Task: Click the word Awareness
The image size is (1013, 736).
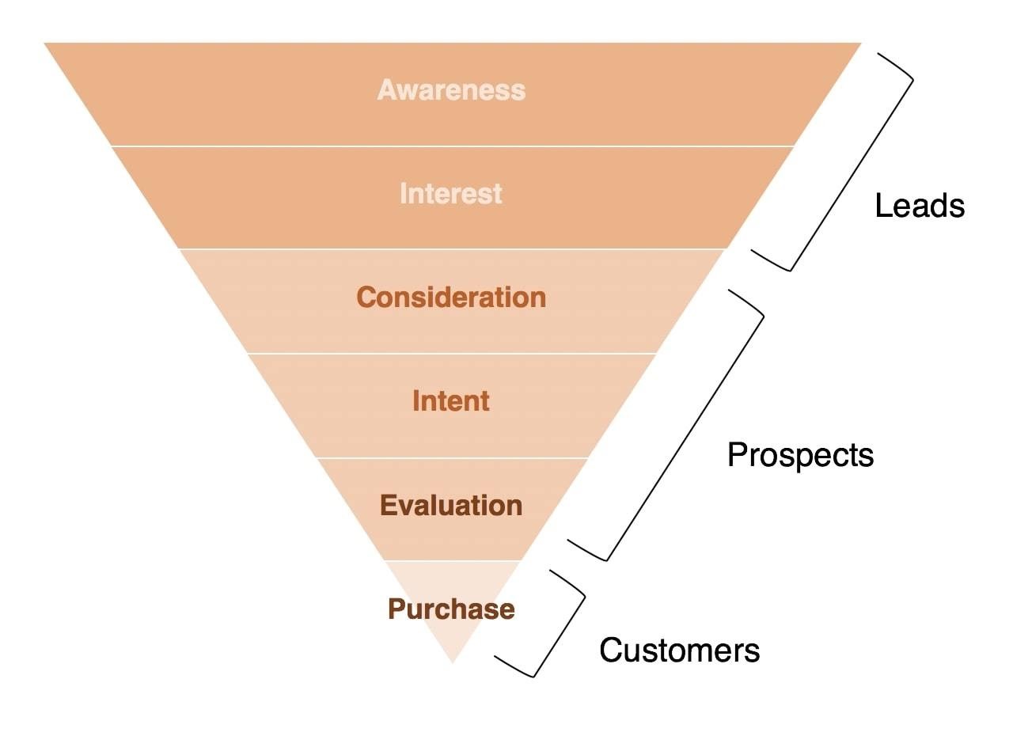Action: click(451, 89)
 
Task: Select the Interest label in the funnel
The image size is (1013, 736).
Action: click(451, 193)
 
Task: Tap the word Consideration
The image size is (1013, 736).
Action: click(451, 297)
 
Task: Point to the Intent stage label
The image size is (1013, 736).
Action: click(451, 400)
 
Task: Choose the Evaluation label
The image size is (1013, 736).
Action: click(451, 505)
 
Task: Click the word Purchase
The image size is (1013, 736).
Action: click(451, 609)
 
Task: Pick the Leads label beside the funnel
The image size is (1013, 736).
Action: click(920, 205)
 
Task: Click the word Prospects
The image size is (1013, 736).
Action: click(800, 455)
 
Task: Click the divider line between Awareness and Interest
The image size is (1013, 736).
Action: click(452, 146)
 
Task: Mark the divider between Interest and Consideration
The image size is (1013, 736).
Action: click(452, 248)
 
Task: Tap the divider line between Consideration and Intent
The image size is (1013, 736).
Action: click(452, 353)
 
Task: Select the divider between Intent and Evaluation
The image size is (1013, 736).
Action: click(452, 457)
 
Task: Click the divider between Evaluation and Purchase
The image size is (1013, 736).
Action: click(452, 560)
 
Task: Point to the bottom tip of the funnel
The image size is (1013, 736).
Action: click(452, 663)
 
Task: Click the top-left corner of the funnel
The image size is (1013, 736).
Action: click(44, 44)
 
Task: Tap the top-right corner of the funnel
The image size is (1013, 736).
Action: click(862, 44)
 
